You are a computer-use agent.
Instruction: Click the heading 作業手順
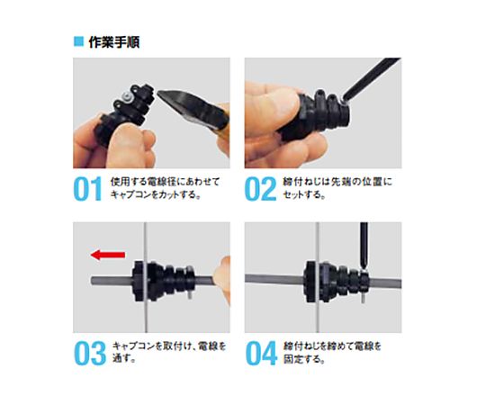click(114, 42)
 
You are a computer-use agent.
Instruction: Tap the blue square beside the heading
click(78, 41)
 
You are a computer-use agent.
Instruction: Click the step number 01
click(88, 188)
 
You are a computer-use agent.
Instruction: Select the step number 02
click(260, 188)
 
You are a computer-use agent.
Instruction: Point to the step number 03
click(90, 353)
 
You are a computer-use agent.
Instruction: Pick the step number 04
click(261, 353)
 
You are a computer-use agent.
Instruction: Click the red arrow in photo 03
click(108, 255)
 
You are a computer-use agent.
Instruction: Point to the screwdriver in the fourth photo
click(364, 246)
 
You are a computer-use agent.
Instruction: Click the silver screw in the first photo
click(127, 95)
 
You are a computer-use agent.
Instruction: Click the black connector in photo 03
click(163, 282)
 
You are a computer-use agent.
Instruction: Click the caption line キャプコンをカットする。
click(156, 194)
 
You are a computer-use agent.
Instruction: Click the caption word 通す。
click(124, 358)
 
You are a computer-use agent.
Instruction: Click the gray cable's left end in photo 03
click(92, 281)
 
